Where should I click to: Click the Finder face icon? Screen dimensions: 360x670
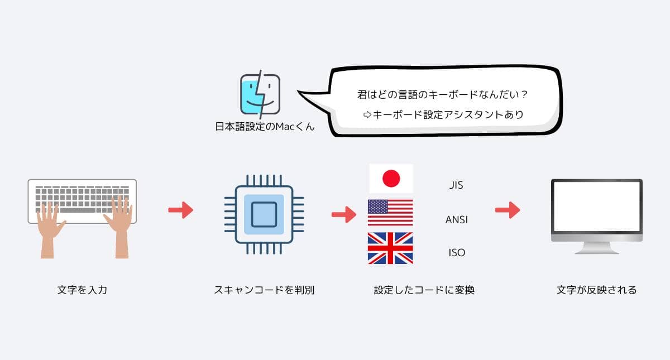(260, 95)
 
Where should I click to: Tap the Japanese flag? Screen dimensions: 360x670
(391, 179)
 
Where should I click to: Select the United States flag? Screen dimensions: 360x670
(391, 213)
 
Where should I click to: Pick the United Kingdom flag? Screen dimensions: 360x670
(391, 248)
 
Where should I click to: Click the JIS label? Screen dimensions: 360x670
(456, 185)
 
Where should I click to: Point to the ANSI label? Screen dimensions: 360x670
(456, 219)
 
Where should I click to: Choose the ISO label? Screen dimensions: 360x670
(456, 253)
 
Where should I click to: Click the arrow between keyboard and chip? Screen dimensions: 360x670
(180, 210)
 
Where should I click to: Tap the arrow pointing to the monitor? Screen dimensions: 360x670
(507, 210)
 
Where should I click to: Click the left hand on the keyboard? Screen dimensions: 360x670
(52, 226)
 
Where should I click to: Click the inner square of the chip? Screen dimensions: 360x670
(264, 214)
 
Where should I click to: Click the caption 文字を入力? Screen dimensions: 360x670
(82, 290)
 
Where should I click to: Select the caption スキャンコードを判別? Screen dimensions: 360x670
(264, 290)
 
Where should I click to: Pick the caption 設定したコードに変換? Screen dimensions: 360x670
(424, 290)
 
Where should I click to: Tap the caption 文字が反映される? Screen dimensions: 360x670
(596, 290)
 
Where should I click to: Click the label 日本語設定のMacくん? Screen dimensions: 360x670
(265, 127)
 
